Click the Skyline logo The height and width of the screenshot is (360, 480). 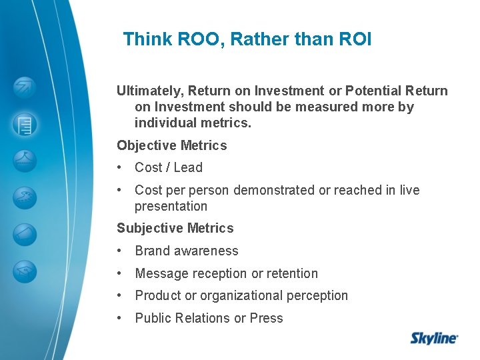434,337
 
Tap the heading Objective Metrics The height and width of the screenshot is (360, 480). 171,145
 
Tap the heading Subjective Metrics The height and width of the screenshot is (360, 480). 175,228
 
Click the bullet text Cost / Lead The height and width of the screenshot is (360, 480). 168,168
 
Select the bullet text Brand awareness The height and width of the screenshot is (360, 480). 186,251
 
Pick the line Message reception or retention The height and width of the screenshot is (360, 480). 226,273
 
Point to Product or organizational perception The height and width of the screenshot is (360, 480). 241,295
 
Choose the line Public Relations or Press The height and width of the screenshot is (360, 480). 209,318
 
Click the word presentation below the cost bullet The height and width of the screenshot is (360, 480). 171,207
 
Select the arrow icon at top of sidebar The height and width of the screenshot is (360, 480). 25,87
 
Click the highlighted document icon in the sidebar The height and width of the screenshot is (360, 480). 25,124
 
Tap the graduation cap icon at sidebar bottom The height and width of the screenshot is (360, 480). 25,271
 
